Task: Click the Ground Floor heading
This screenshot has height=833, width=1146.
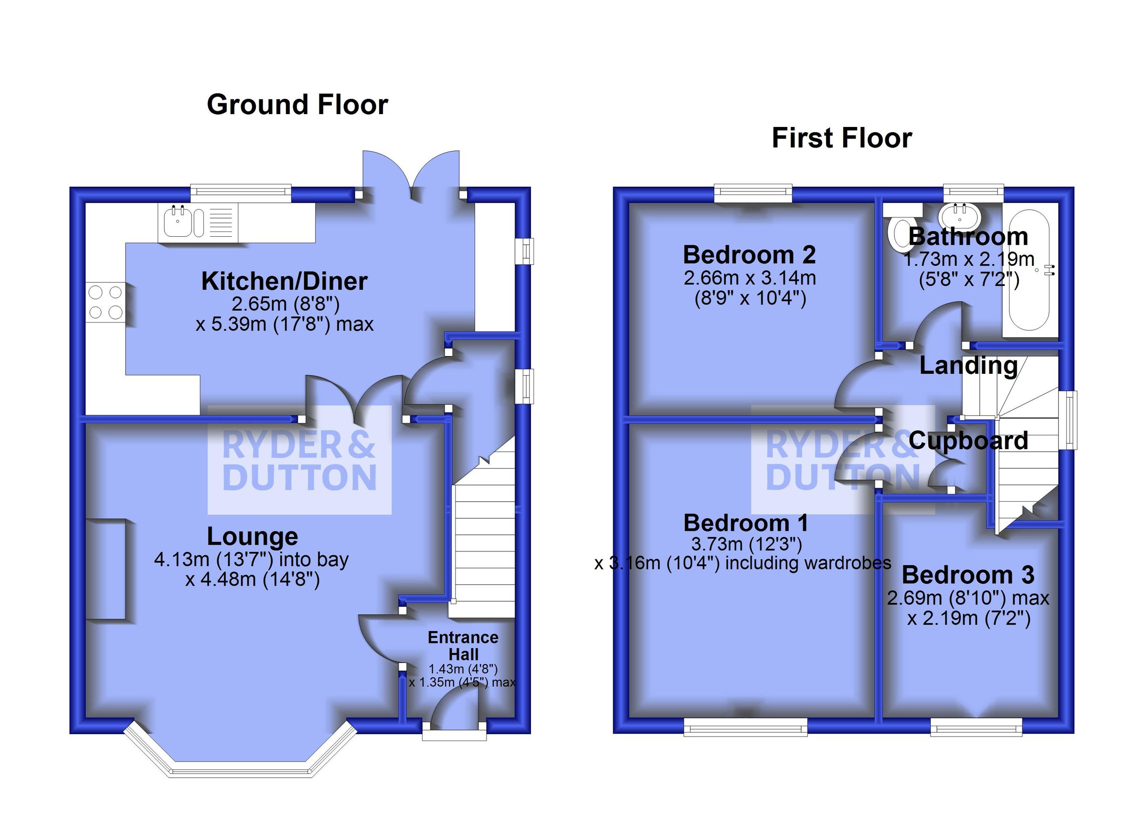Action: point(297,105)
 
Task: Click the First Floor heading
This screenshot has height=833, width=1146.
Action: point(842,138)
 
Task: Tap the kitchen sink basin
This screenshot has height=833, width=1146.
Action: point(177,222)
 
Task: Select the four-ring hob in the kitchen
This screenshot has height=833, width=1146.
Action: point(106,302)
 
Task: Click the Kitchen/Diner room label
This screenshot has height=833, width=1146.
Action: point(284,281)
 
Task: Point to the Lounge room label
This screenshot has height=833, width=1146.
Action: point(252,537)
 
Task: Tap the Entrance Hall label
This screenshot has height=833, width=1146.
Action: point(463,645)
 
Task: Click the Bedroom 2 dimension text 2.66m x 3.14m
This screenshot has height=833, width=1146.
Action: point(750,278)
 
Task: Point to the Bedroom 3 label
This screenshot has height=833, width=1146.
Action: point(967,575)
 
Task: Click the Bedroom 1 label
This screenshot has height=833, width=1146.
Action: point(746,523)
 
